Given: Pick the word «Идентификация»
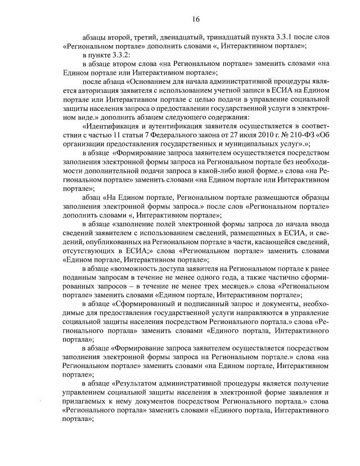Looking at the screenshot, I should click(x=112, y=129).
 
